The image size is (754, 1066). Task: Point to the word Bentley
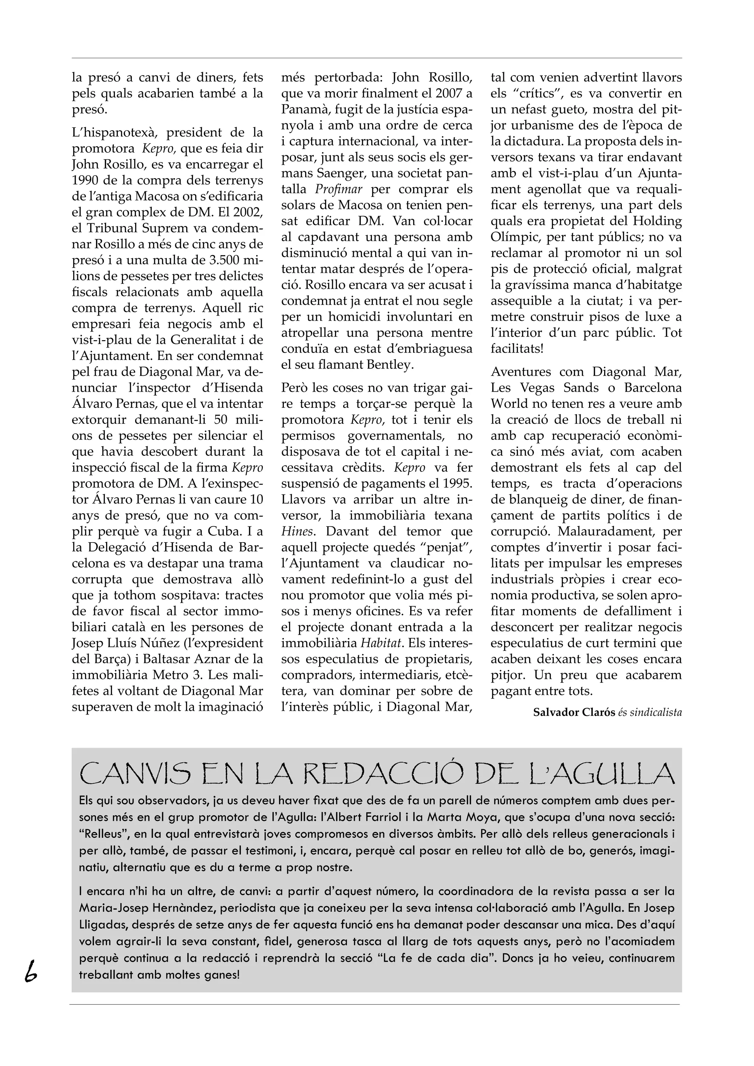[x=389, y=364]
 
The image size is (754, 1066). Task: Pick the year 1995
[x=457, y=483]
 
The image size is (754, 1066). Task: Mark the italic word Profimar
[x=338, y=189]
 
